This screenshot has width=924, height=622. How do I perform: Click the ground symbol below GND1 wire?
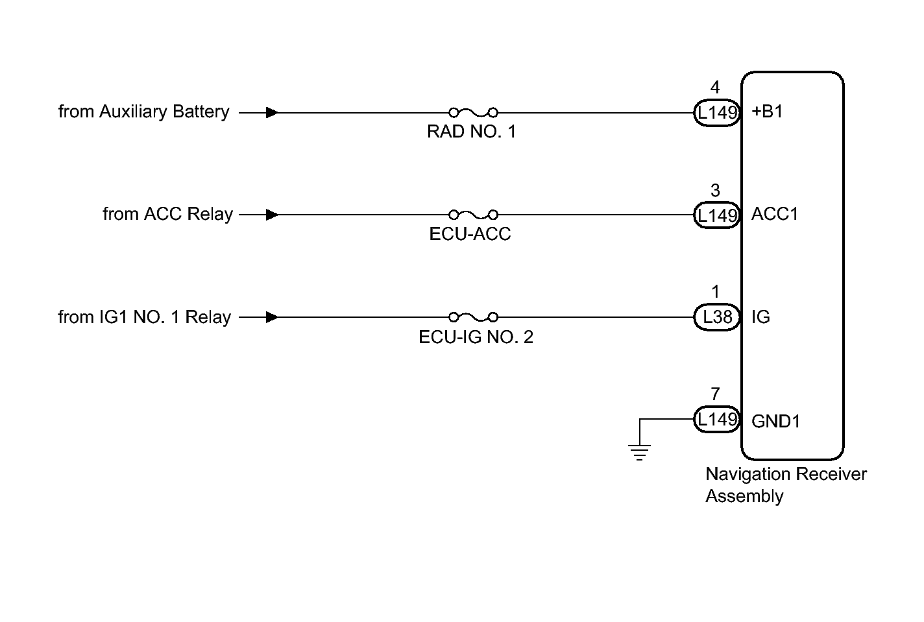(x=639, y=452)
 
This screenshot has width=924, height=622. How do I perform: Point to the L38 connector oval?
(x=717, y=317)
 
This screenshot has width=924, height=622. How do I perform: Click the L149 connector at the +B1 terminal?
(x=717, y=112)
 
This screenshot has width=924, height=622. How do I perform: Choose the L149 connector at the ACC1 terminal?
(x=717, y=215)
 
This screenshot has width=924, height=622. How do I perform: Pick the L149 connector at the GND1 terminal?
(x=717, y=419)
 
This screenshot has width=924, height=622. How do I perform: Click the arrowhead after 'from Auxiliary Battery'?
(x=273, y=112)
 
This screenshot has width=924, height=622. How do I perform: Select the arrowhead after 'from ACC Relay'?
(x=273, y=215)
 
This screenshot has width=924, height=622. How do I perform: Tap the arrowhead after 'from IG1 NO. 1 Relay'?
(x=273, y=317)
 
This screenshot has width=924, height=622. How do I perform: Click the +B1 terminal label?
(x=767, y=112)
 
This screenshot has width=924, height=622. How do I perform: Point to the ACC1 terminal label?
(x=775, y=214)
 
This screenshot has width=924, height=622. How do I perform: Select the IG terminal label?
(x=760, y=317)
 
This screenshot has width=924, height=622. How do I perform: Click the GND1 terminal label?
(x=776, y=422)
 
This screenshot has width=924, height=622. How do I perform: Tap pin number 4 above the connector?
(x=715, y=88)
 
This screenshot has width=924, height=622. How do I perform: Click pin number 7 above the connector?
(x=715, y=394)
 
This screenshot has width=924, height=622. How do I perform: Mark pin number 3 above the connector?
(x=715, y=191)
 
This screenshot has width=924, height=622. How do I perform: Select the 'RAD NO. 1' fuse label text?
(x=472, y=132)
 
